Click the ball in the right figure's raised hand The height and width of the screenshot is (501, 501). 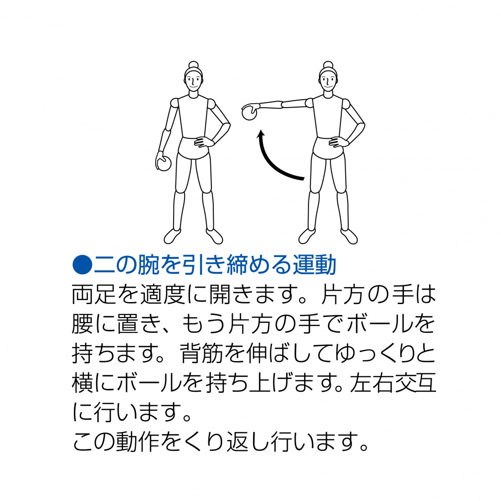pos(249,113)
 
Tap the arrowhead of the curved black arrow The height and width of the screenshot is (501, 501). pos(262,133)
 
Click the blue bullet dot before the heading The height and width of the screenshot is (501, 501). pos(82,265)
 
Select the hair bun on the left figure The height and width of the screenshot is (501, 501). pos(193,64)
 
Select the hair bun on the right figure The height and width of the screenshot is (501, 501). pos(328,64)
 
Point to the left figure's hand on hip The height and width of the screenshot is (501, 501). pos(203,142)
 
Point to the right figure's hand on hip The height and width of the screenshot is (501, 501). pos(338,142)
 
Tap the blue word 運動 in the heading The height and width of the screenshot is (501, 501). pos(314,265)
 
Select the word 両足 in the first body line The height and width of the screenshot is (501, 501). pos(94,294)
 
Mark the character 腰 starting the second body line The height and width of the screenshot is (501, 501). pos(83,324)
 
